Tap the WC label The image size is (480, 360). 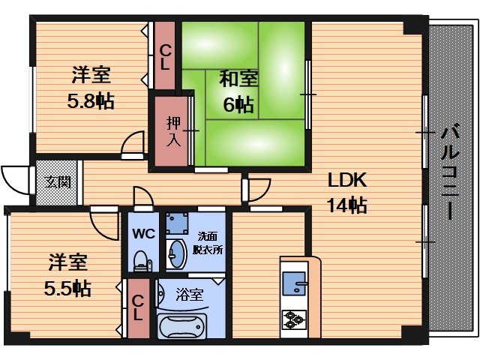pos(143,232)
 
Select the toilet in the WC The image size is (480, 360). pos(140,259)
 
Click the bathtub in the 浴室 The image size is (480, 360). pos(184,328)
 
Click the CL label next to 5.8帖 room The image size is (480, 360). pos(164,57)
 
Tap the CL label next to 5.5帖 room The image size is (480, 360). pos(137,309)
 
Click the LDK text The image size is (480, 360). pos(345,181)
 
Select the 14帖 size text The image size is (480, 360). pos(345,205)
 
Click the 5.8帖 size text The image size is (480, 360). pos(92,100)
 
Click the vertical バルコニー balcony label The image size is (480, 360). pos(449,172)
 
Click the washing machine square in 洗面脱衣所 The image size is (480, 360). pos(178,223)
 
